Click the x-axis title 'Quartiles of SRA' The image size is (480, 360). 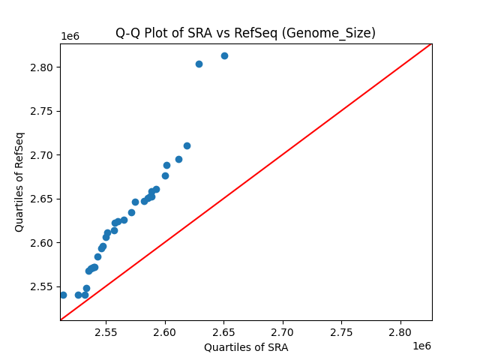246,347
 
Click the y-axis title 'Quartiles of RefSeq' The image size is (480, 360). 19,181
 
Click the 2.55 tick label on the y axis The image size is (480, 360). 42,286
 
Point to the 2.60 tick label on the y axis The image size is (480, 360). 42,243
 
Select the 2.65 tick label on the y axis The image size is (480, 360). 42,199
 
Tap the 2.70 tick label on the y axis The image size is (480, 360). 42,155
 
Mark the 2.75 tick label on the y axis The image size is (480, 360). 42,111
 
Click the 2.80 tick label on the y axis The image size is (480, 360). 42,67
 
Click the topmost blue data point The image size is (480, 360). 224,55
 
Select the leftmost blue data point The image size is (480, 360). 63,295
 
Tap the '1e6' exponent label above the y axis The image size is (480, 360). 70,37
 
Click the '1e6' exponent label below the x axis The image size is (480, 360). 421,346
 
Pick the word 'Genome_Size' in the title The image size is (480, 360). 338,33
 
